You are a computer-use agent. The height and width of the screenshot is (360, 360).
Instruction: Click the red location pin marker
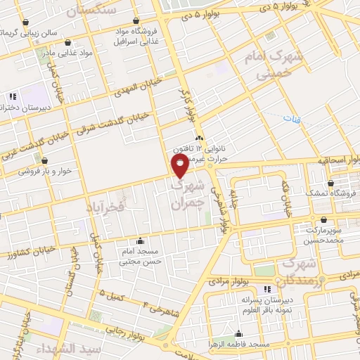(x=181, y=166)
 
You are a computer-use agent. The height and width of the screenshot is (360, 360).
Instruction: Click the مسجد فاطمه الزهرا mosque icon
(x=239, y=334)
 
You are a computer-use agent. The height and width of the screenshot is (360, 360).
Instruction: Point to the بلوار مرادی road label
(x=228, y=281)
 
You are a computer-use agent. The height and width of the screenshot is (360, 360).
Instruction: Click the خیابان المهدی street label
(x=138, y=91)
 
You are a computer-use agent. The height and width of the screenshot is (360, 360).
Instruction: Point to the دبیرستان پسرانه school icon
(x=266, y=289)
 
